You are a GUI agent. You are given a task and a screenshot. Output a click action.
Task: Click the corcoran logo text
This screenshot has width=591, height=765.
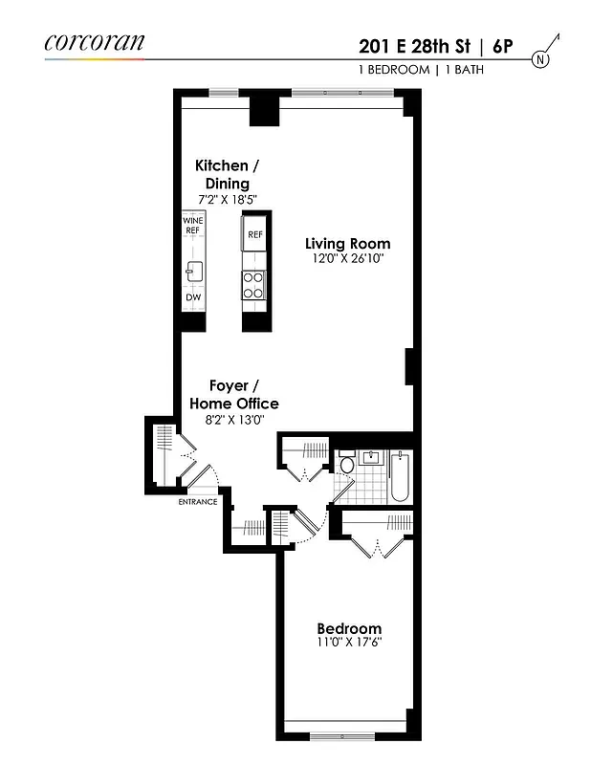[x=95, y=42]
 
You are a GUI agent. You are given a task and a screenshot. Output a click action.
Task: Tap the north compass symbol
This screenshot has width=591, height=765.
[x=541, y=57]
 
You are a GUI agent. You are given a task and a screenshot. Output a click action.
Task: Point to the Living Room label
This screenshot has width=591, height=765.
[x=347, y=243]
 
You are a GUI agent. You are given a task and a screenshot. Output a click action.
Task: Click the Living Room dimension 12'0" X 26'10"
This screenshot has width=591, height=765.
[x=347, y=258]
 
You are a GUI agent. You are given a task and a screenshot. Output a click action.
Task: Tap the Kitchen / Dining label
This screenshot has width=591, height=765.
[x=227, y=174]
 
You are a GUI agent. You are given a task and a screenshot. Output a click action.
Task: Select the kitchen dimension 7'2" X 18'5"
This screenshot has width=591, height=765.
[x=227, y=199]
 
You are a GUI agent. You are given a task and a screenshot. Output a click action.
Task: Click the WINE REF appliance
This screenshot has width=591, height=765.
[x=193, y=226]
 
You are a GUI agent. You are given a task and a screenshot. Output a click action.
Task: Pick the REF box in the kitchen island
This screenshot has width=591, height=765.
[x=254, y=234]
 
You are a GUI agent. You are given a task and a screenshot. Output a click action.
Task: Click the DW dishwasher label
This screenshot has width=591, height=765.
[x=192, y=297]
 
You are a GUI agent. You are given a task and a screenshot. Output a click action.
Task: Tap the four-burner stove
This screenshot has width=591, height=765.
[x=254, y=286]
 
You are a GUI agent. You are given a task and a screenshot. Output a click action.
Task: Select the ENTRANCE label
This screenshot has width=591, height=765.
[x=197, y=501]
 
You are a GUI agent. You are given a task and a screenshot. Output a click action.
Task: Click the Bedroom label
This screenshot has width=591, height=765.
[x=349, y=628]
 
